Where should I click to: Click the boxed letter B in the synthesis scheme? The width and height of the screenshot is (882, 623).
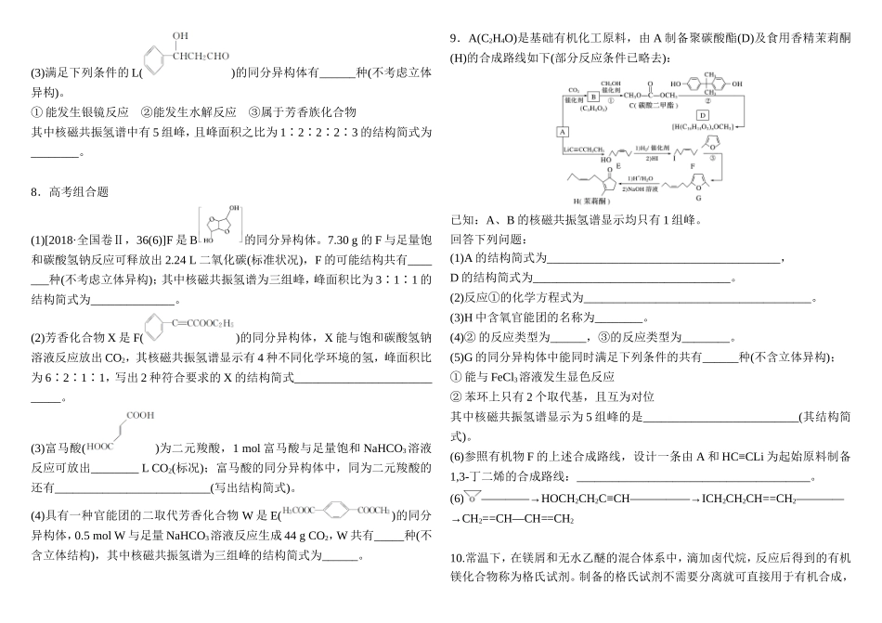pos(593,96)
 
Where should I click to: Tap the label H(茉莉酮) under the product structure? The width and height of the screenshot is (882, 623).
pos(591,201)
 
